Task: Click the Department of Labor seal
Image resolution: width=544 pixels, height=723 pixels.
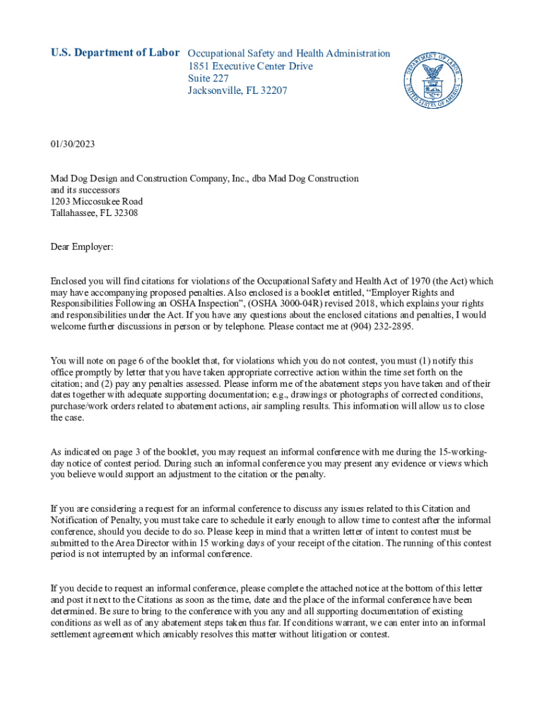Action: click(x=432, y=80)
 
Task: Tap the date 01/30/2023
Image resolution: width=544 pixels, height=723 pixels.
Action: click(x=72, y=145)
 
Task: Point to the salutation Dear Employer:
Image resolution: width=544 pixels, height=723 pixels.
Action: click(x=82, y=246)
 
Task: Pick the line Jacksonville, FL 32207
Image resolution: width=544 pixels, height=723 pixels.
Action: click(x=237, y=91)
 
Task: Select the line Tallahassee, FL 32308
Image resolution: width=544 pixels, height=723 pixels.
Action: click(x=94, y=213)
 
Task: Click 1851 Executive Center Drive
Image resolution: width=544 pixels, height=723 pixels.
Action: click(x=250, y=66)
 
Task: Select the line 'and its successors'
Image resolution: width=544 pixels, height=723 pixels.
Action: click(x=85, y=190)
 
